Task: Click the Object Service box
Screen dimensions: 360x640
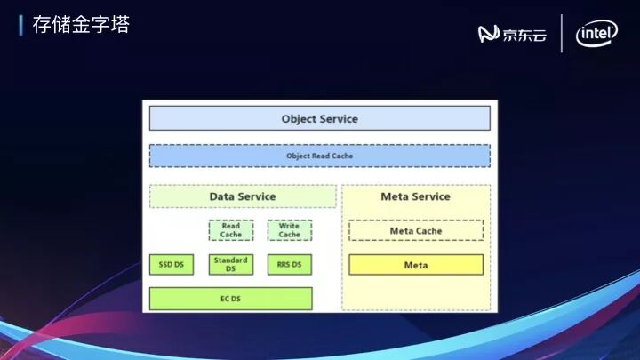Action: pyautogui.click(x=319, y=118)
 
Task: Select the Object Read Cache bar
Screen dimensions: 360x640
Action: pyautogui.click(x=319, y=156)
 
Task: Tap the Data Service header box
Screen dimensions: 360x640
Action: pyautogui.click(x=243, y=196)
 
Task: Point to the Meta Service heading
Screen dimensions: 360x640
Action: pyautogui.click(x=415, y=196)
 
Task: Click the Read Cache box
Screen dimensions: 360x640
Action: pyautogui.click(x=231, y=230)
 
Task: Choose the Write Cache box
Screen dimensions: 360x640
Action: pyautogui.click(x=289, y=230)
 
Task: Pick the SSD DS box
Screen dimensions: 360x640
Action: pyautogui.click(x=171, y=264)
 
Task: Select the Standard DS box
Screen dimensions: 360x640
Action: pyautogui.click(x=231, y=264)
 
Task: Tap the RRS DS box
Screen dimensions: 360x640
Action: pyautogui.click(x=289, y=264)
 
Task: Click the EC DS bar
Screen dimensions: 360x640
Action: pyautogui.click(x=230, y=299)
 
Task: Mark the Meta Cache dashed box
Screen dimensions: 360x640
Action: pyautogui.click(x=415, y=231)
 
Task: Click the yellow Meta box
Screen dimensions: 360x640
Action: pyautogui.click(x=415, y=265)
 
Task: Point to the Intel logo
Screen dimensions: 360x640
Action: pyautogui.click(x=597, y=34)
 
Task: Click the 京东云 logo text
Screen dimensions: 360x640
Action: pyautogui.click(x=524, y=35)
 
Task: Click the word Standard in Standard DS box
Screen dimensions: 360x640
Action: pyautogui.click(x=231, y=260)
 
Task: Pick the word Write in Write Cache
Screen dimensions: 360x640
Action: pyautogui.click(x=289, y=226)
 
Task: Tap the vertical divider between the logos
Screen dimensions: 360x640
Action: pyautogui.click(x=562, y=34)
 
